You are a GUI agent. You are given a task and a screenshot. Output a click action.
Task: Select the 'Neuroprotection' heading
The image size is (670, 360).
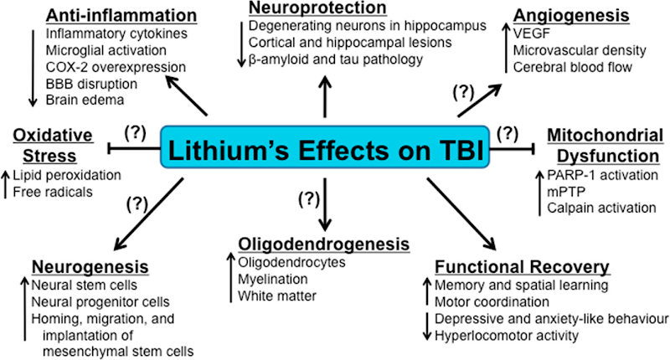click(x=317, y=8)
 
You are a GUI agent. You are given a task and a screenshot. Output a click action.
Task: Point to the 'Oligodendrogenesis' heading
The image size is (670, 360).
click(x=324, y=244)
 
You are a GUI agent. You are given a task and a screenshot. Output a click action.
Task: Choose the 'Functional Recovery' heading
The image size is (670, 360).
click(x=523, y=267)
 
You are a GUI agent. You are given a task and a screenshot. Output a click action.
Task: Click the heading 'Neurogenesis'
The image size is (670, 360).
click(x=90, y=267)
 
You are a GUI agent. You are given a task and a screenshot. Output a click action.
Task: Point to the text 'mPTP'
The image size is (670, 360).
click(x=561, y=192)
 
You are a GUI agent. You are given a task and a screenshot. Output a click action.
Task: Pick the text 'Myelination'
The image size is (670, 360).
click(x=273, y=278)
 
